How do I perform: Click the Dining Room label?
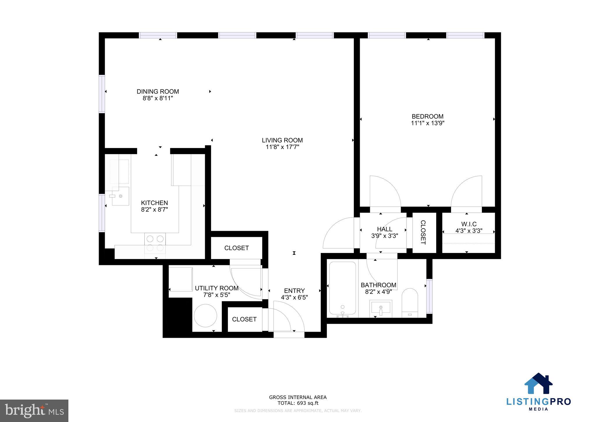click(158, 92)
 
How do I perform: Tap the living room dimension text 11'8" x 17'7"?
click(282, 147)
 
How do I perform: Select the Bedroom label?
click(428, 117)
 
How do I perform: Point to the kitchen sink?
click(120, 196)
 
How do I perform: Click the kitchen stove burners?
click(155, 243)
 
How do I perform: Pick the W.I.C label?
click(469, 224)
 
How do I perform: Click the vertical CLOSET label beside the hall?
click(423, 232)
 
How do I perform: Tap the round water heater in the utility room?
click(205, 316)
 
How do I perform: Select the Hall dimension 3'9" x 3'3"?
click(384, 236)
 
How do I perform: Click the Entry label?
click(294, 291)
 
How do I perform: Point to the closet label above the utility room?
click(236, 248)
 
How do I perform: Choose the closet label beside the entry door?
click(244, 319)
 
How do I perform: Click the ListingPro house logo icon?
click(538, 384)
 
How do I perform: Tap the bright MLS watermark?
click(34, 411)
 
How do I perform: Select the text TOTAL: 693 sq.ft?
click(298, 403)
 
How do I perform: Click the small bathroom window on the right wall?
click(429, 296)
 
